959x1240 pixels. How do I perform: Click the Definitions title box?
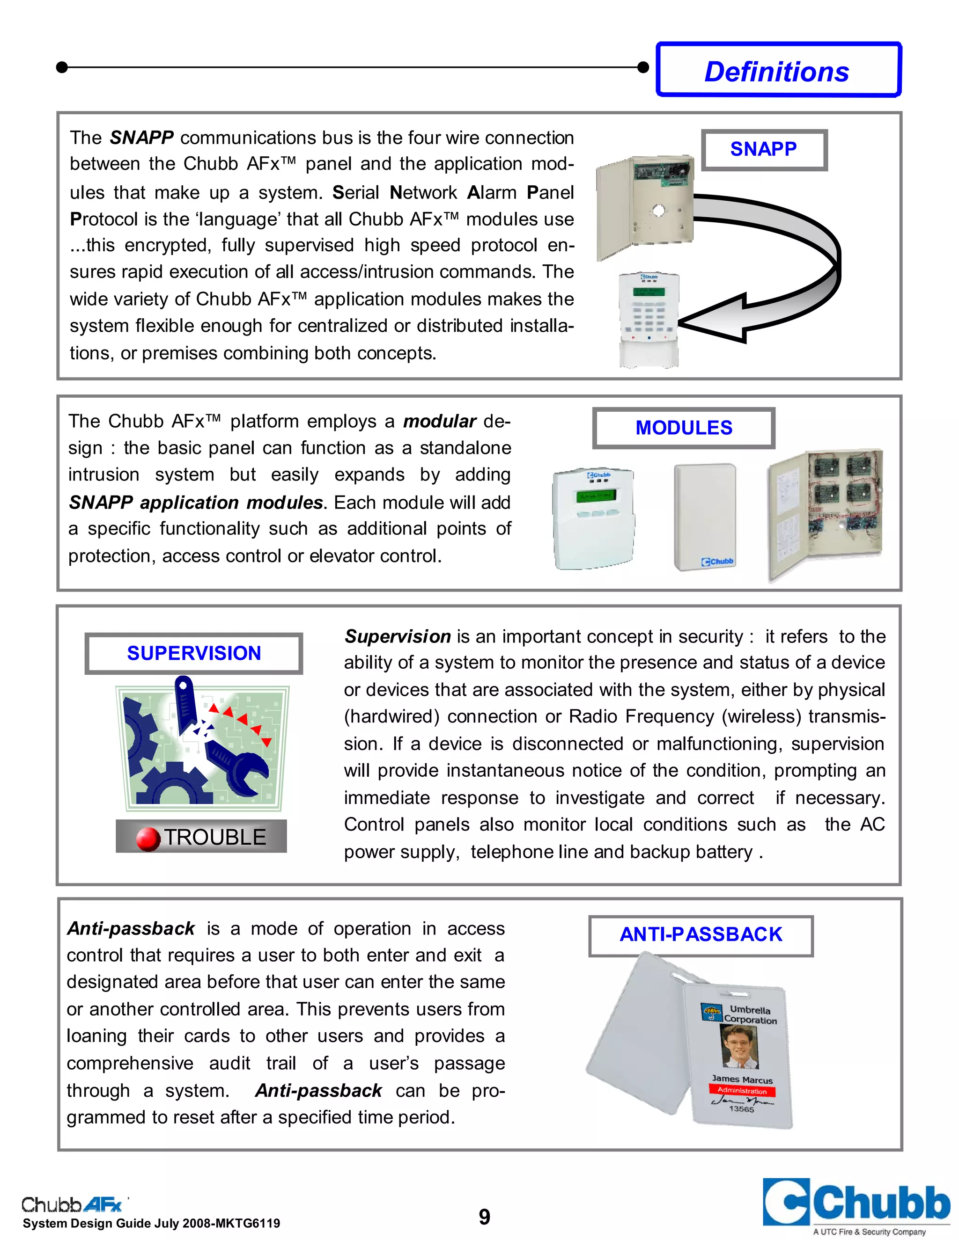[x=778, y=70]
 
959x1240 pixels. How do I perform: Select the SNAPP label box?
[x=764, y=149]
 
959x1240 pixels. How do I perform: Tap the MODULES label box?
[x=684, y=428]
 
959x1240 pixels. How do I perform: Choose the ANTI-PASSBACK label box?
[x=701, y=934]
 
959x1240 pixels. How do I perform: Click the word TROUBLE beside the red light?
[x=215, y=837]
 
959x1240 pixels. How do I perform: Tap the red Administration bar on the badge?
[x=742, y=1091]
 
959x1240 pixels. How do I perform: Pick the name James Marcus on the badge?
[x=742, y=1079]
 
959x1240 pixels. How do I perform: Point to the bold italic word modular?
[x=439, y=421]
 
